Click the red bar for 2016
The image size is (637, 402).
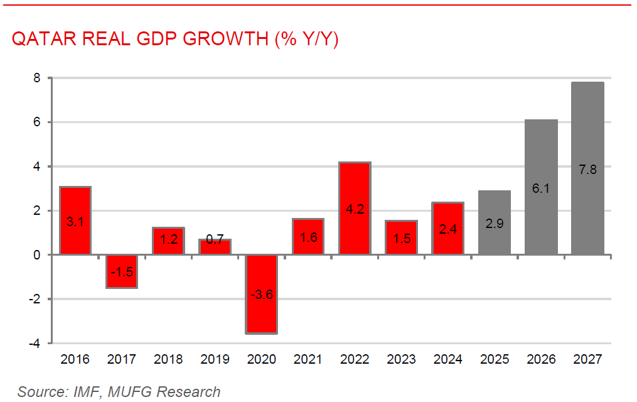[x=75, y=220]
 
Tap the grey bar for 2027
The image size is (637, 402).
[x=588, y=168]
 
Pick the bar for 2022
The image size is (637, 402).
[x=355, y=208]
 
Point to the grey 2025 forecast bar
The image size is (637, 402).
[x=495, y=222]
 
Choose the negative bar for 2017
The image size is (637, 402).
[x=122, y=271]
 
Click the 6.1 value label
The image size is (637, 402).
[x=541, y=188]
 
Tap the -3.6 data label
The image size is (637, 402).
[x=261, y=294]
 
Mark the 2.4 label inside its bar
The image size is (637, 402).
[x=448, y=230]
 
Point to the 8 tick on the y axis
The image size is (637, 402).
[x=37, y=79]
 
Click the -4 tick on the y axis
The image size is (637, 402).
[x=35, y=344]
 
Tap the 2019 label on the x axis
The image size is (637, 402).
[x=215, y=360]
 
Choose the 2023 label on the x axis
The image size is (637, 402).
[x=401, y=360]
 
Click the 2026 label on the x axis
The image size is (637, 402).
[x=541, y=360]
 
